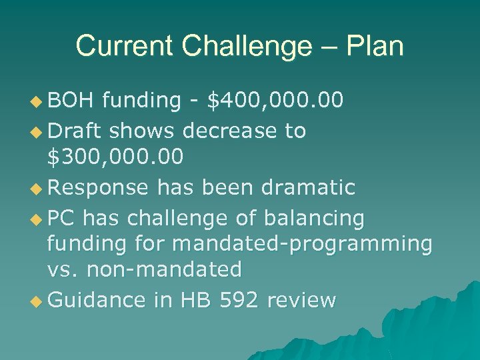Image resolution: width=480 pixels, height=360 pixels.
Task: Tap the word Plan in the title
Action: pos(375,46)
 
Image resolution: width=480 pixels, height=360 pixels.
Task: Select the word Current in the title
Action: pos(125,46)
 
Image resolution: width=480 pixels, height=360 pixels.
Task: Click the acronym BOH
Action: pos(73,100)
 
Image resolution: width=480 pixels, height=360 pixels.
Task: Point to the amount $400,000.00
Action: pos(275,100)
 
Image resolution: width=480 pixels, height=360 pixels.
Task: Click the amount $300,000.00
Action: pos(115,157)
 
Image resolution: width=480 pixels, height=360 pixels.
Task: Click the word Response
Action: pos(98,187)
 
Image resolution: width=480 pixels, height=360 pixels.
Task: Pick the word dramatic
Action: pos(308,187)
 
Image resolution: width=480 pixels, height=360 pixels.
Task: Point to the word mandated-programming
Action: pos(302,244)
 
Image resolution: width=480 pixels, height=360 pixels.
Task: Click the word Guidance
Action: pos(97,300)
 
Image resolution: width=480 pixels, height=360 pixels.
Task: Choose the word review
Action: pos(301,300)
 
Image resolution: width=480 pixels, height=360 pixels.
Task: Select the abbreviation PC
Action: pos(62,217)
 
